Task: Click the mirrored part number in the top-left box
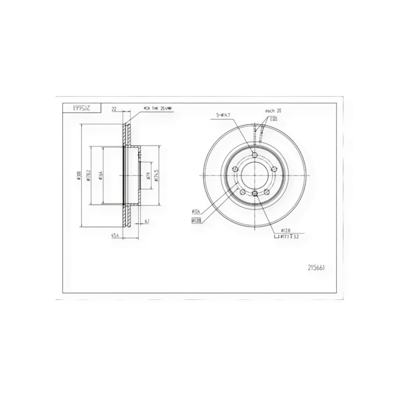click(81, 107)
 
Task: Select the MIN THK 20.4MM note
click(156, 108)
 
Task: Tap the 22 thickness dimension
click(113, 108)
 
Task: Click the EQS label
click(274, 119)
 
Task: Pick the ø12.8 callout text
click(285, 230)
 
